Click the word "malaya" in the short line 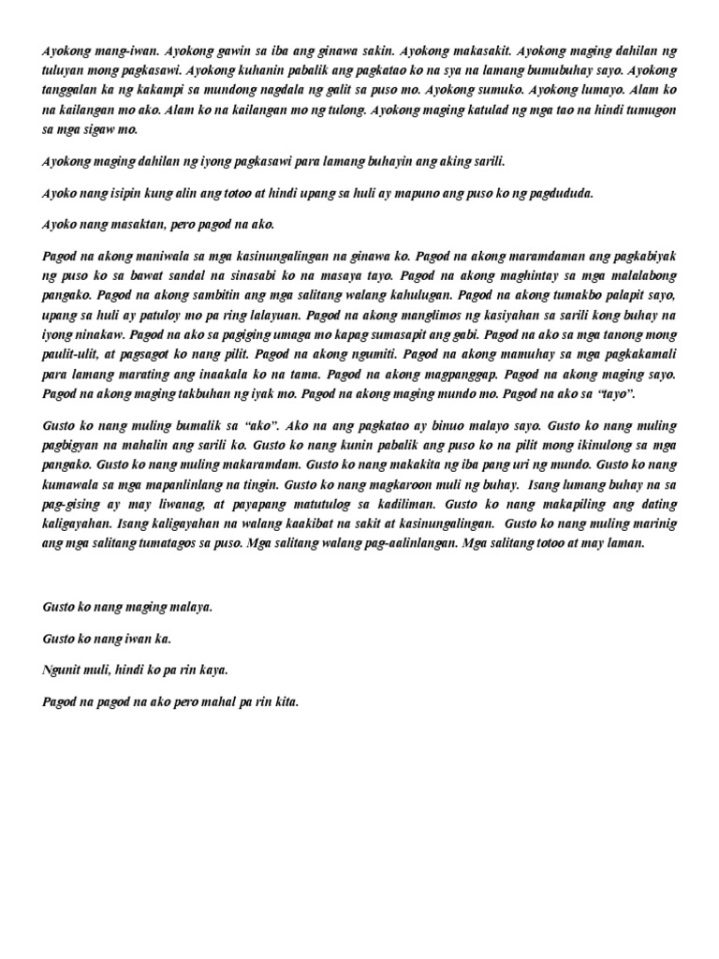click(190, 607)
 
